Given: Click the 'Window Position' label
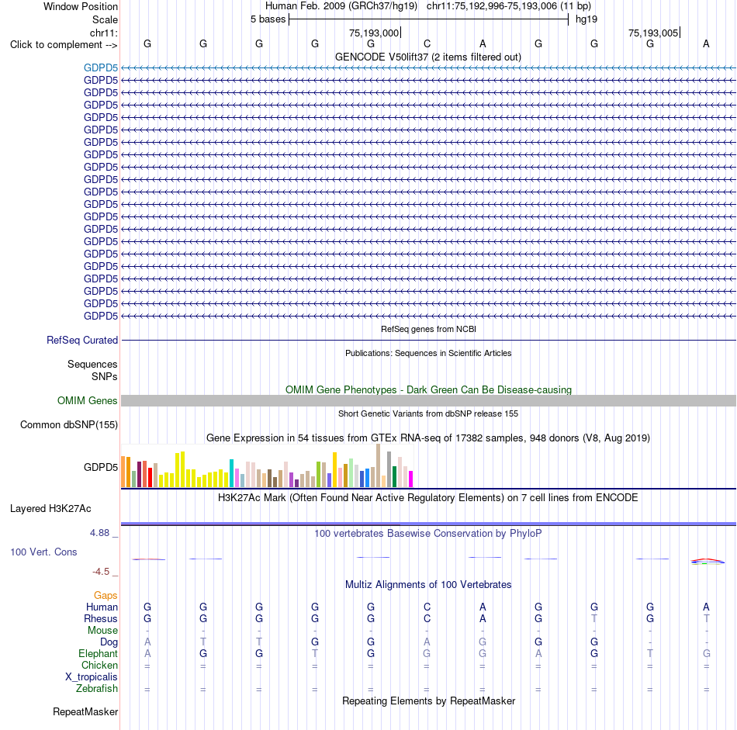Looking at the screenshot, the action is click(81, 6).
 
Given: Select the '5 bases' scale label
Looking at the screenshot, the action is click(268, 19).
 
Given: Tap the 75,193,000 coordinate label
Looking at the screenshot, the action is click(374, 33).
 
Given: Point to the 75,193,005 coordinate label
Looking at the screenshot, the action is click(653, 33).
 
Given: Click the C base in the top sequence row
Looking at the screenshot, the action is click(427, 43).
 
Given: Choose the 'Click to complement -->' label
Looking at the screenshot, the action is click(64, 45).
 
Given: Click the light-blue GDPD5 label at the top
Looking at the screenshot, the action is click(101, 67).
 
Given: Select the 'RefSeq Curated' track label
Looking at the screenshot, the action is click(82, 340).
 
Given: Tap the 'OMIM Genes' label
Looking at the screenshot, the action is click(88, 400).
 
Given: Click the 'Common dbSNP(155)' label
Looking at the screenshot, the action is click(68, 424).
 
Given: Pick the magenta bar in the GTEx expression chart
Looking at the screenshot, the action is click(410, 479).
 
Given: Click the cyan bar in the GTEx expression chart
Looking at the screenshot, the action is click(231, 473).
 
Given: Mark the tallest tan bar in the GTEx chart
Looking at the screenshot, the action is click(378, 465).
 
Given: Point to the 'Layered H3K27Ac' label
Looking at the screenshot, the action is click(50, 509).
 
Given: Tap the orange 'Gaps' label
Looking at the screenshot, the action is click(106, 596).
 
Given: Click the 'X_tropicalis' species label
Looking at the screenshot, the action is click(92, 677).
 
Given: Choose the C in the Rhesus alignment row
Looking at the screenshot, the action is click(427, 618).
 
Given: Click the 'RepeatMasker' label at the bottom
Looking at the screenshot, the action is click(85, 711).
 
